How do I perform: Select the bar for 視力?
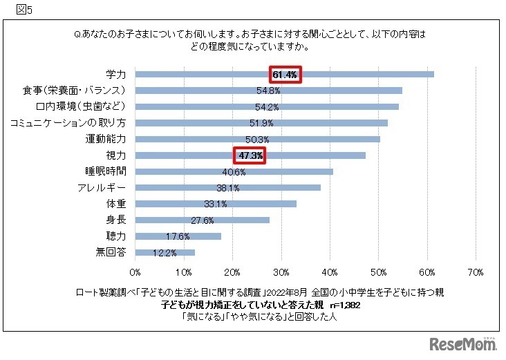click(311, 155)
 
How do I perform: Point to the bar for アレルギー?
click(290, 187)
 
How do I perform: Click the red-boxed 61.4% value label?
click(285, 75)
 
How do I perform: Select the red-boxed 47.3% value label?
click(250, 155)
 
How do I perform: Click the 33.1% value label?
click(216, 204)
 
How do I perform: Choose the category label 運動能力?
click(107, 139)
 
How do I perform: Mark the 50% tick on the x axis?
click(379, 272)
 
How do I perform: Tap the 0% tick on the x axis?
click(135, 272)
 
